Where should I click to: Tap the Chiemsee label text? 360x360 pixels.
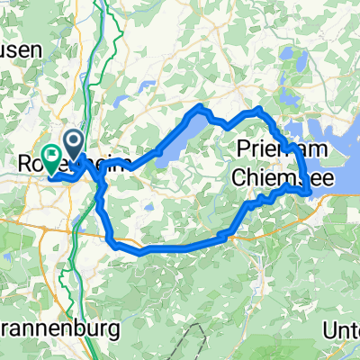[283, 179]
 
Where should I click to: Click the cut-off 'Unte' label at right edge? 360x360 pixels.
[342, 329]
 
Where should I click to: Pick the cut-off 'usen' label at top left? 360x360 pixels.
[20, 51]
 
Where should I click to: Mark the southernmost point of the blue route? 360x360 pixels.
[139, 254]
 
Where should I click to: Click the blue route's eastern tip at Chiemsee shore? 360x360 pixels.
[310, 192]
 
